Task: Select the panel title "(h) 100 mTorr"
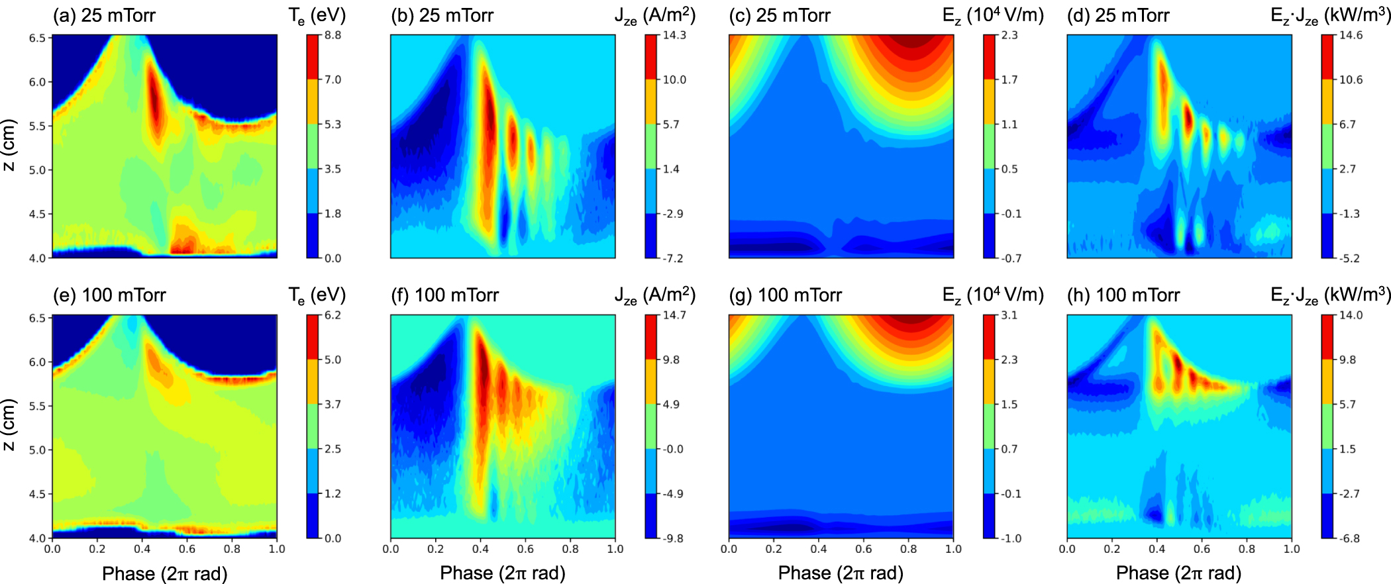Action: coord(1123,295)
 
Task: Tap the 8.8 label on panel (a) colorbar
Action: coord(333,35)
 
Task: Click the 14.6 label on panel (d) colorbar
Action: coord(1351,35)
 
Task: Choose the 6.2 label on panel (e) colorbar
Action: coord(333,315)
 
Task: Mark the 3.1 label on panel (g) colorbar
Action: coord(1009,315)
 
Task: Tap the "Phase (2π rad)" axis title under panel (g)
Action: coord(841,573)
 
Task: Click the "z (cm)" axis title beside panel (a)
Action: coord(9,146)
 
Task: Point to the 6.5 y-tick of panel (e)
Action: coord(37,318)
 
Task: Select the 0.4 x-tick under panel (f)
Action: coord(480,549)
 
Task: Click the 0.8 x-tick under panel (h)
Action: coord(1247,549)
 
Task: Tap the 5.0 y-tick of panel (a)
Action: coord(37,170)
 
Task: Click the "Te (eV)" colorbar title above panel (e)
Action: coord(317,295)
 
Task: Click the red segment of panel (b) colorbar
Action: coord(650,57)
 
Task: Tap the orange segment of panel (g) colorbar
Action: coord(989,381)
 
